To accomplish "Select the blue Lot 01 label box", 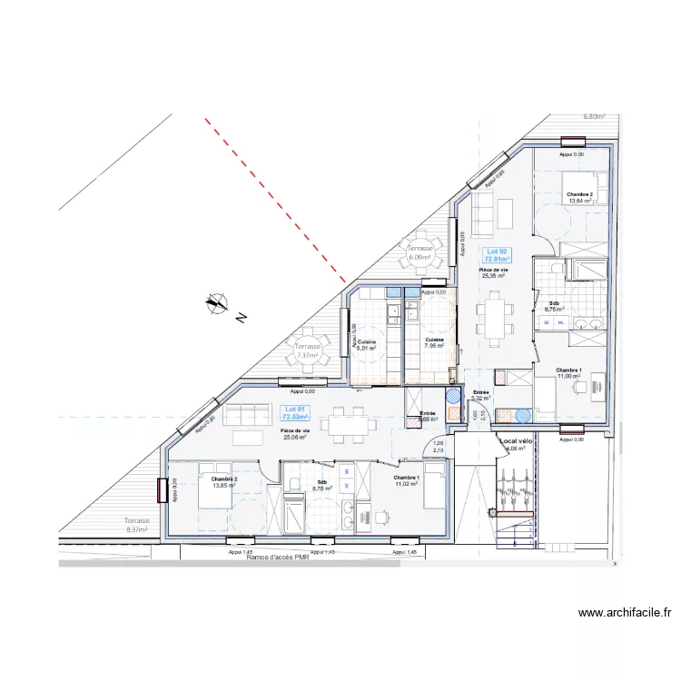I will click(x=293, y=413).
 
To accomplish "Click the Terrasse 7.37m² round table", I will click(x=307, y=350).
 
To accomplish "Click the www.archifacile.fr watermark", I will click(x=624, y=613).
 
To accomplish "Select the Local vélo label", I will click(x=515, y=441).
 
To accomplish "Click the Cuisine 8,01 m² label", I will click(x=367, y=344).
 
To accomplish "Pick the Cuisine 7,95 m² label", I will click(x=434, y=342).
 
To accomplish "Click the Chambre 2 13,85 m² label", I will click(x=223, y=482).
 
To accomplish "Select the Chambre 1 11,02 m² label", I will click(x=405, y=480).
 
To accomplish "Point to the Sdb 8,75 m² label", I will click(x=554, y=306).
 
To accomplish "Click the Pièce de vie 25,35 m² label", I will click(x=495, y=272).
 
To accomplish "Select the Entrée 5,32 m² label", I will click(x=480, y=395).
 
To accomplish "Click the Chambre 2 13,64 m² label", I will click(x=579, y=198).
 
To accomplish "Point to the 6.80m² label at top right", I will click(x=594, y=117).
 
